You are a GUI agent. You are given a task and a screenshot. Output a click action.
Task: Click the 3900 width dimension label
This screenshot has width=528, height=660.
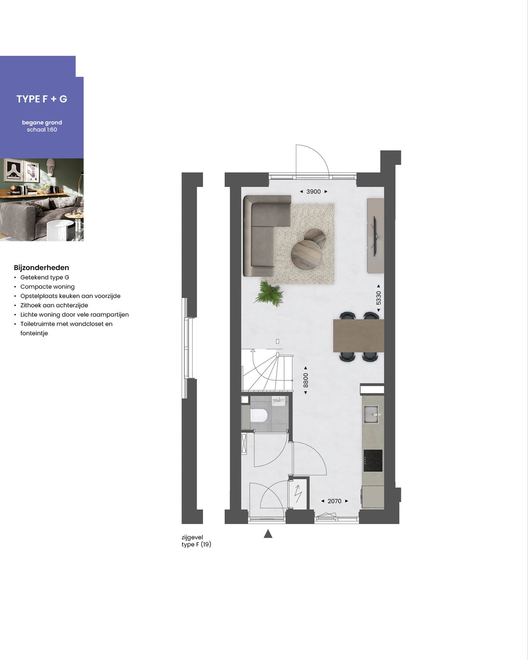pos(313,192)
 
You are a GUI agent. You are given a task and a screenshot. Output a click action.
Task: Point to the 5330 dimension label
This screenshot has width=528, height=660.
pos(378,297)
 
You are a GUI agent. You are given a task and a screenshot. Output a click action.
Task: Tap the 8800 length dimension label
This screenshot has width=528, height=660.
pos(306,380)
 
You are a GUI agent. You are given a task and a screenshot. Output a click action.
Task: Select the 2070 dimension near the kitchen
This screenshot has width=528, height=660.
pos(334,501)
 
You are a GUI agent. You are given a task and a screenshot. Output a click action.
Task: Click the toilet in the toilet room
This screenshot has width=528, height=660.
pos(259,416)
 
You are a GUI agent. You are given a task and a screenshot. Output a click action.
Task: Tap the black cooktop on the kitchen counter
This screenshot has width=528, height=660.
pos(373,460)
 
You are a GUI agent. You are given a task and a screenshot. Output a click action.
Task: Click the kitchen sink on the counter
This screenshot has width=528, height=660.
pos(372,414)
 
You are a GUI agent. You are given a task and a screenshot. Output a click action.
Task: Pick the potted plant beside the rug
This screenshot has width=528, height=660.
pos(269,293)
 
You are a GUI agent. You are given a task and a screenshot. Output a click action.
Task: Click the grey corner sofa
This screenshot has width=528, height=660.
pos(262,230)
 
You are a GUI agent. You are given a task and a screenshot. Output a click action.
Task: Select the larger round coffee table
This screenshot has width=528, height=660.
pos(306,255)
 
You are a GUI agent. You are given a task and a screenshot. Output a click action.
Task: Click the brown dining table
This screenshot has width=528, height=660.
pos(358,335)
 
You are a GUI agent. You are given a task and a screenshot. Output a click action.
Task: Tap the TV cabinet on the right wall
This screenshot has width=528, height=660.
pos(375,236)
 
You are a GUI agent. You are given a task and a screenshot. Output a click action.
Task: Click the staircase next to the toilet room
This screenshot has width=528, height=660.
pos(266,371)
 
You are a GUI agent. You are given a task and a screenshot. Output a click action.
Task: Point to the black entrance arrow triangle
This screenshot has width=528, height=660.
pos(268,534)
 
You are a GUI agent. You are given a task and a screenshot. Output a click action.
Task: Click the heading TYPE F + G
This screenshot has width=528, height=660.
pos(42,99)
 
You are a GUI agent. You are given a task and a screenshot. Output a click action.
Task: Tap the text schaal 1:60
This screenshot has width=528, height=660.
pos(42,130)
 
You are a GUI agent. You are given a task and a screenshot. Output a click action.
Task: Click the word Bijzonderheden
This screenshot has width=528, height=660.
pos(42,267)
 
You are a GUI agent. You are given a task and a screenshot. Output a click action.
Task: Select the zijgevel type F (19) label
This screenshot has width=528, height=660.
pos(196,541)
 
